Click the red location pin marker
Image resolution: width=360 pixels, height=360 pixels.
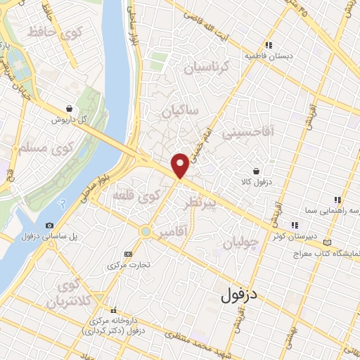coord(180,164)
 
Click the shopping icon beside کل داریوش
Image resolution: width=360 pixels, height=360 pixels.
coord(69,109)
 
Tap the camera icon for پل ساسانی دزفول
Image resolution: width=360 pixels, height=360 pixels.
coord(49,225)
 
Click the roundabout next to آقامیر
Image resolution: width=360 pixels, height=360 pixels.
coord(145,231)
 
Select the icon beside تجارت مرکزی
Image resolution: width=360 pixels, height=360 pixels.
coord(128,254)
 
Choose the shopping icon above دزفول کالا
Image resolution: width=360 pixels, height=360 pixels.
coord(257,170)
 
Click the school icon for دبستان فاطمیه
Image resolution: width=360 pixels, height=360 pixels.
coord(269,46)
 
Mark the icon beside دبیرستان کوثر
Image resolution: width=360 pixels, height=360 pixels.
coord(295,226)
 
